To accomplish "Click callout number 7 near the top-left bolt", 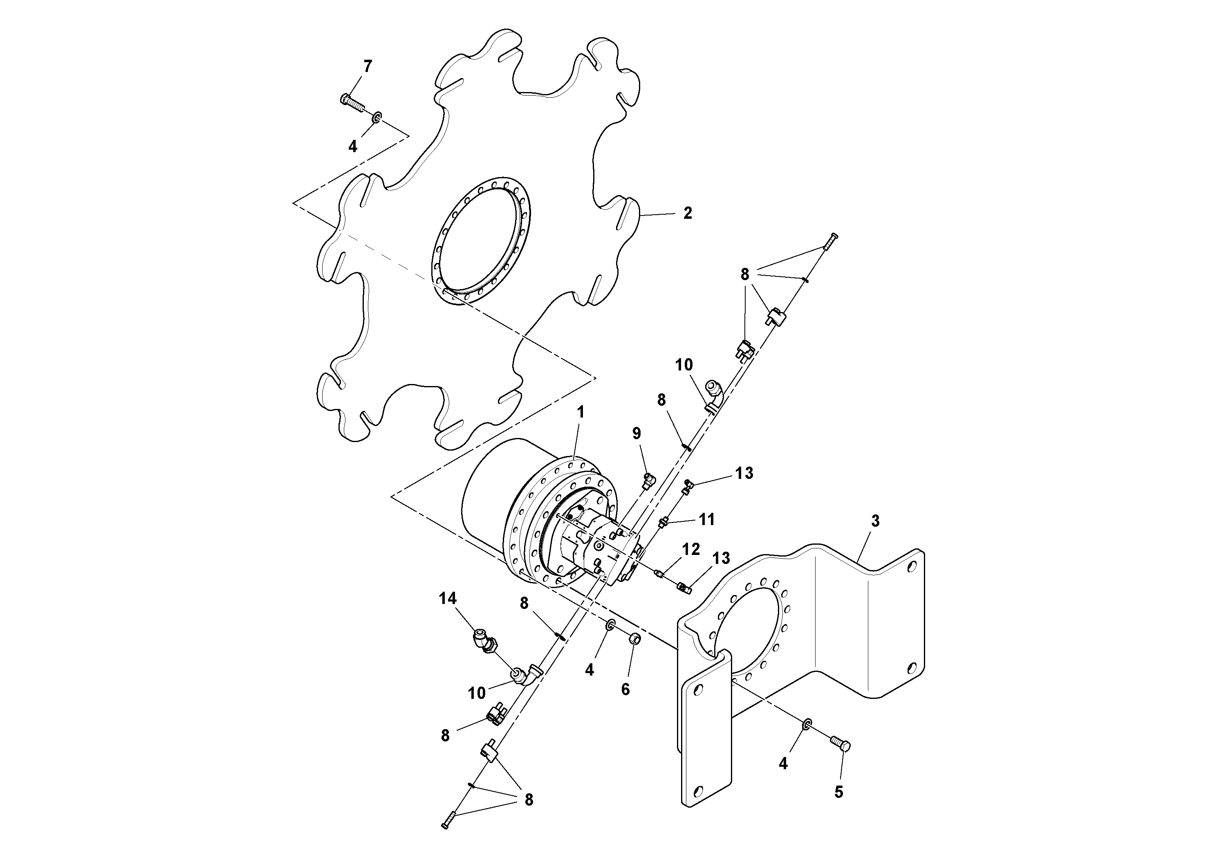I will click(368, 67).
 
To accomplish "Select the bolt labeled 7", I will click(352, 103).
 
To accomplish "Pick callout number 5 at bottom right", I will click(838, 792).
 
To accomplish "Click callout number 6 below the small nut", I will click(625, 689).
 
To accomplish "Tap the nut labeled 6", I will click(634, 640).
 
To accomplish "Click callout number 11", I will click(707, 519).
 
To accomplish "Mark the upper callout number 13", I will click(744, 473).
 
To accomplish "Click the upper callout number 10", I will click(684, 365).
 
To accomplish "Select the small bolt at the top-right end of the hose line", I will click(830, 242).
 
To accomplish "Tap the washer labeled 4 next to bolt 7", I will click(377, 117).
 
